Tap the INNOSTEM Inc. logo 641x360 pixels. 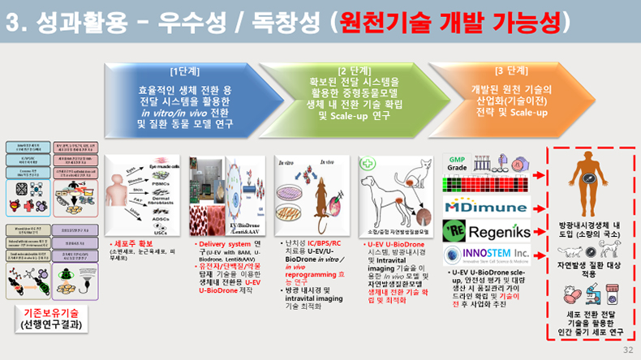pos(485,256)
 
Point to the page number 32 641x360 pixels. pos(627,350)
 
